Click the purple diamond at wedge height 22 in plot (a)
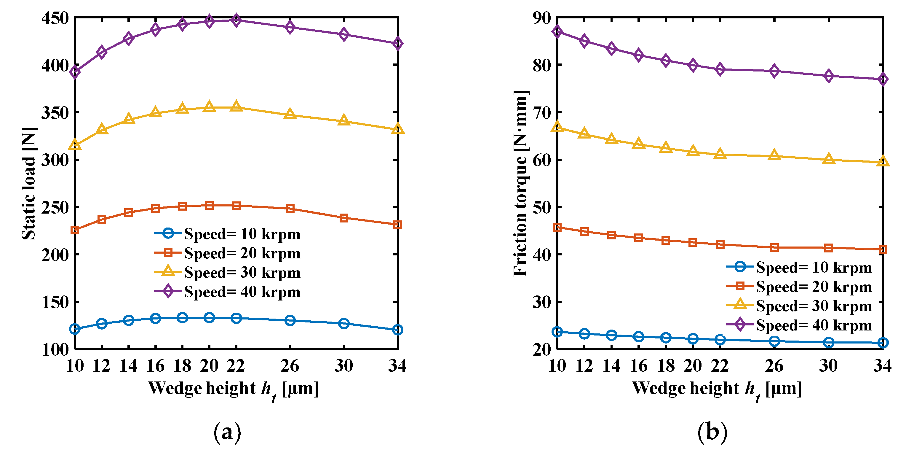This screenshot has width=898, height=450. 236,20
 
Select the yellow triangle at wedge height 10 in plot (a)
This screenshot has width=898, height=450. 75,145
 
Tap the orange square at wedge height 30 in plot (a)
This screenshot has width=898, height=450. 344,218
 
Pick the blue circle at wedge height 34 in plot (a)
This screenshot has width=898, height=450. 397,330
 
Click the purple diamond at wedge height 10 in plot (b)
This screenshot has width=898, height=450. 557,32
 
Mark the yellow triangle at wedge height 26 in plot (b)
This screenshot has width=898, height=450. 774,155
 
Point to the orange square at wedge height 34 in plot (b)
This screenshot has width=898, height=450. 883,249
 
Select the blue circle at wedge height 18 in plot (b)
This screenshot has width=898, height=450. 666,338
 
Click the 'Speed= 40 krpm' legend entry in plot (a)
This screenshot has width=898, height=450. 242,292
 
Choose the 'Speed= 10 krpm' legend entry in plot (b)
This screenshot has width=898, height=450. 814,268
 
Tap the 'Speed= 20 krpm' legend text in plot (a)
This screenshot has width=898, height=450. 242,253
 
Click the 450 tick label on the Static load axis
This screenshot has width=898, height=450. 55,18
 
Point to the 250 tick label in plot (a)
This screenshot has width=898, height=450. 55,208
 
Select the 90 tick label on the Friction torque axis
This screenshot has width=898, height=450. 541,18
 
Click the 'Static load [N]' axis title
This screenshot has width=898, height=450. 29,183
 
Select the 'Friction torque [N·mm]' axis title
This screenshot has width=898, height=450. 520,183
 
